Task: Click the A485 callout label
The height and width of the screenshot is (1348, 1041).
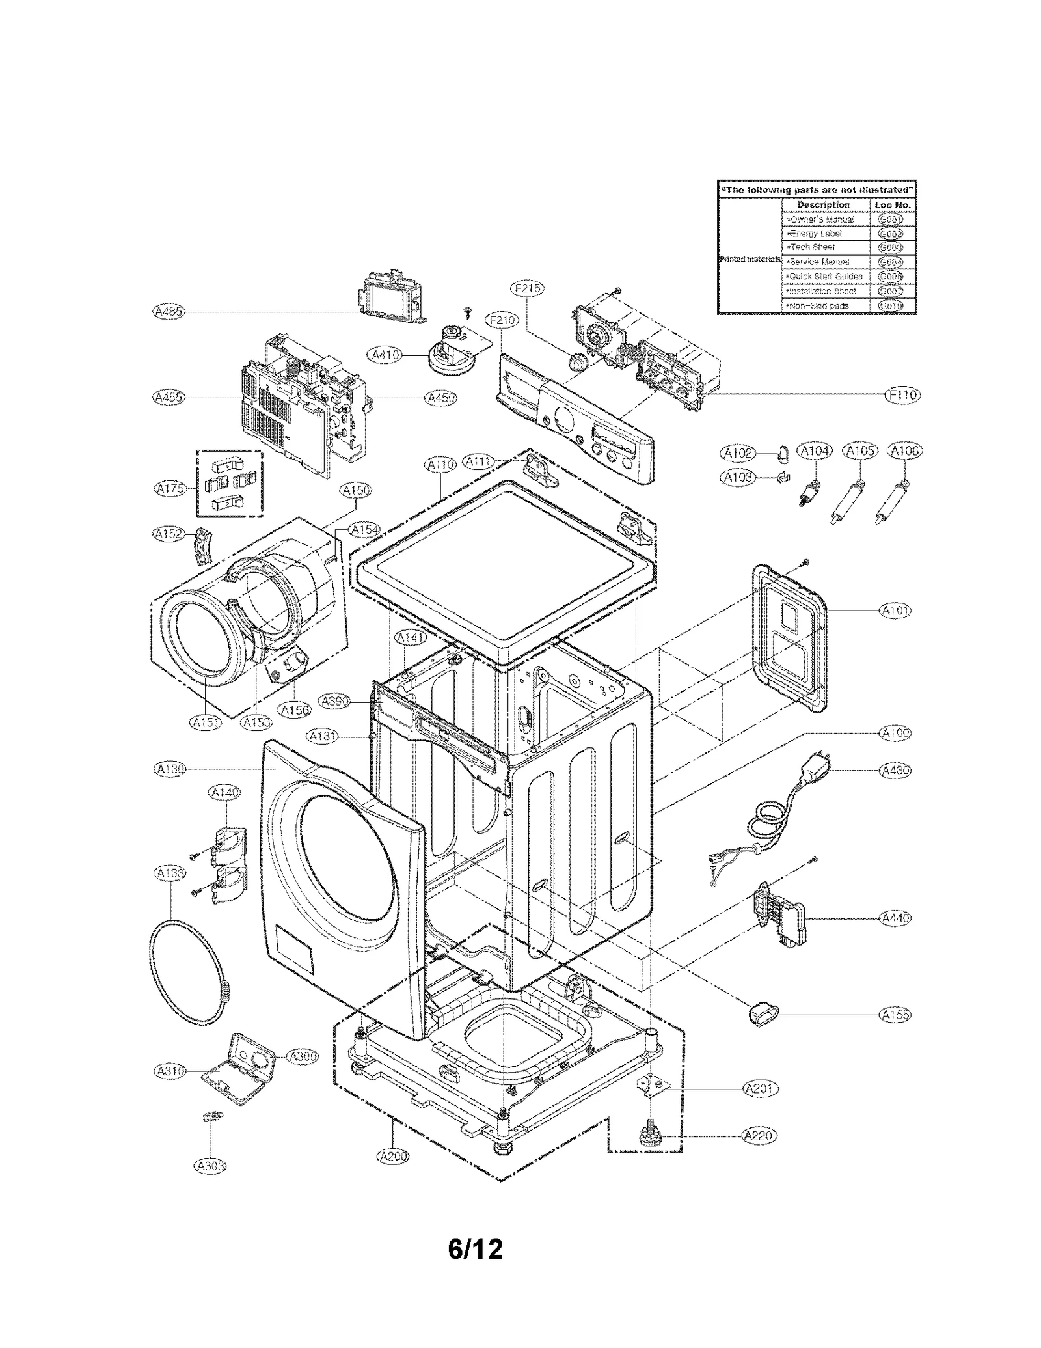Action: (x=168, y=312)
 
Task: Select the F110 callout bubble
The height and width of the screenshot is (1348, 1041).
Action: (x=903, y=394)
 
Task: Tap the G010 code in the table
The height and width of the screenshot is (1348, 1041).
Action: (x=890, y=306)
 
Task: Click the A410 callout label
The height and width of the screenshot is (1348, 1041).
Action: (x=385, y=355)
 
